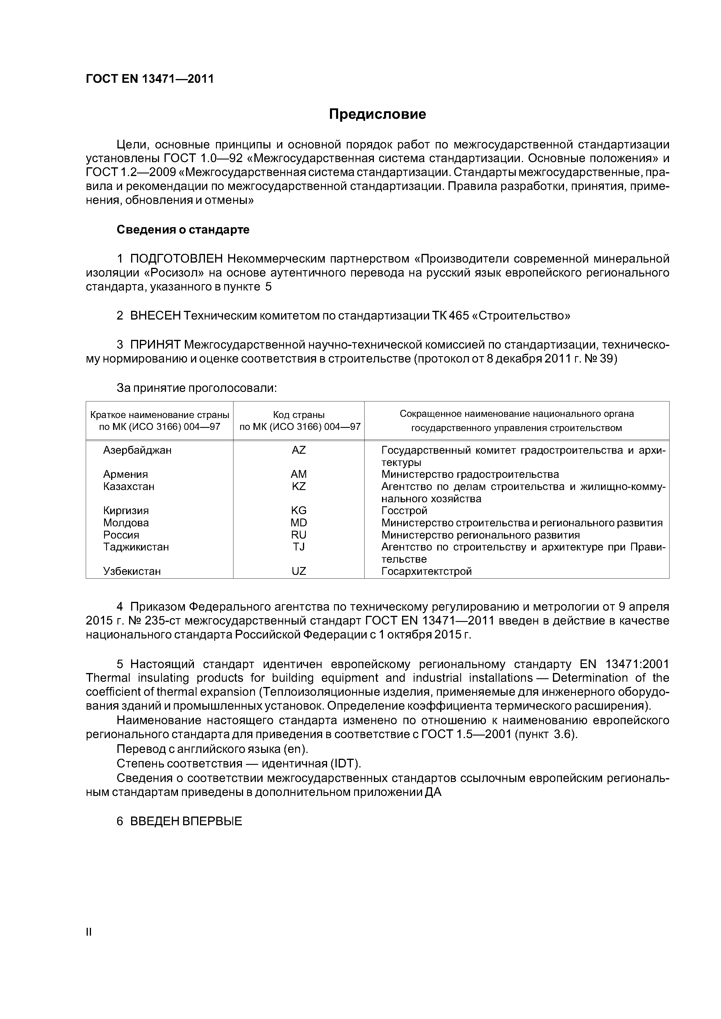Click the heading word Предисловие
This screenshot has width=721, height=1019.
pos(377,114)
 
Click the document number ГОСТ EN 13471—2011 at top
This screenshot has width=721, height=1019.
pos(150,79)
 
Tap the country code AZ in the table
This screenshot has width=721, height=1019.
pos(299,450)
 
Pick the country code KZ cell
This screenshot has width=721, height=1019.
pos(299,487)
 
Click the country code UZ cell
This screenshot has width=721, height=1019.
pos(299,571)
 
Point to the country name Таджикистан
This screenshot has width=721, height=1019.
pos(136,547)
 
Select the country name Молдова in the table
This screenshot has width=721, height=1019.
pos(126,523)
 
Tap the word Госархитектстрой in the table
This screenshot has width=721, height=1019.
pos(426,571)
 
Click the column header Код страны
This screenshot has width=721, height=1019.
pos(299,415)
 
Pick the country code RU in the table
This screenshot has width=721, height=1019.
pos(299,535)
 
